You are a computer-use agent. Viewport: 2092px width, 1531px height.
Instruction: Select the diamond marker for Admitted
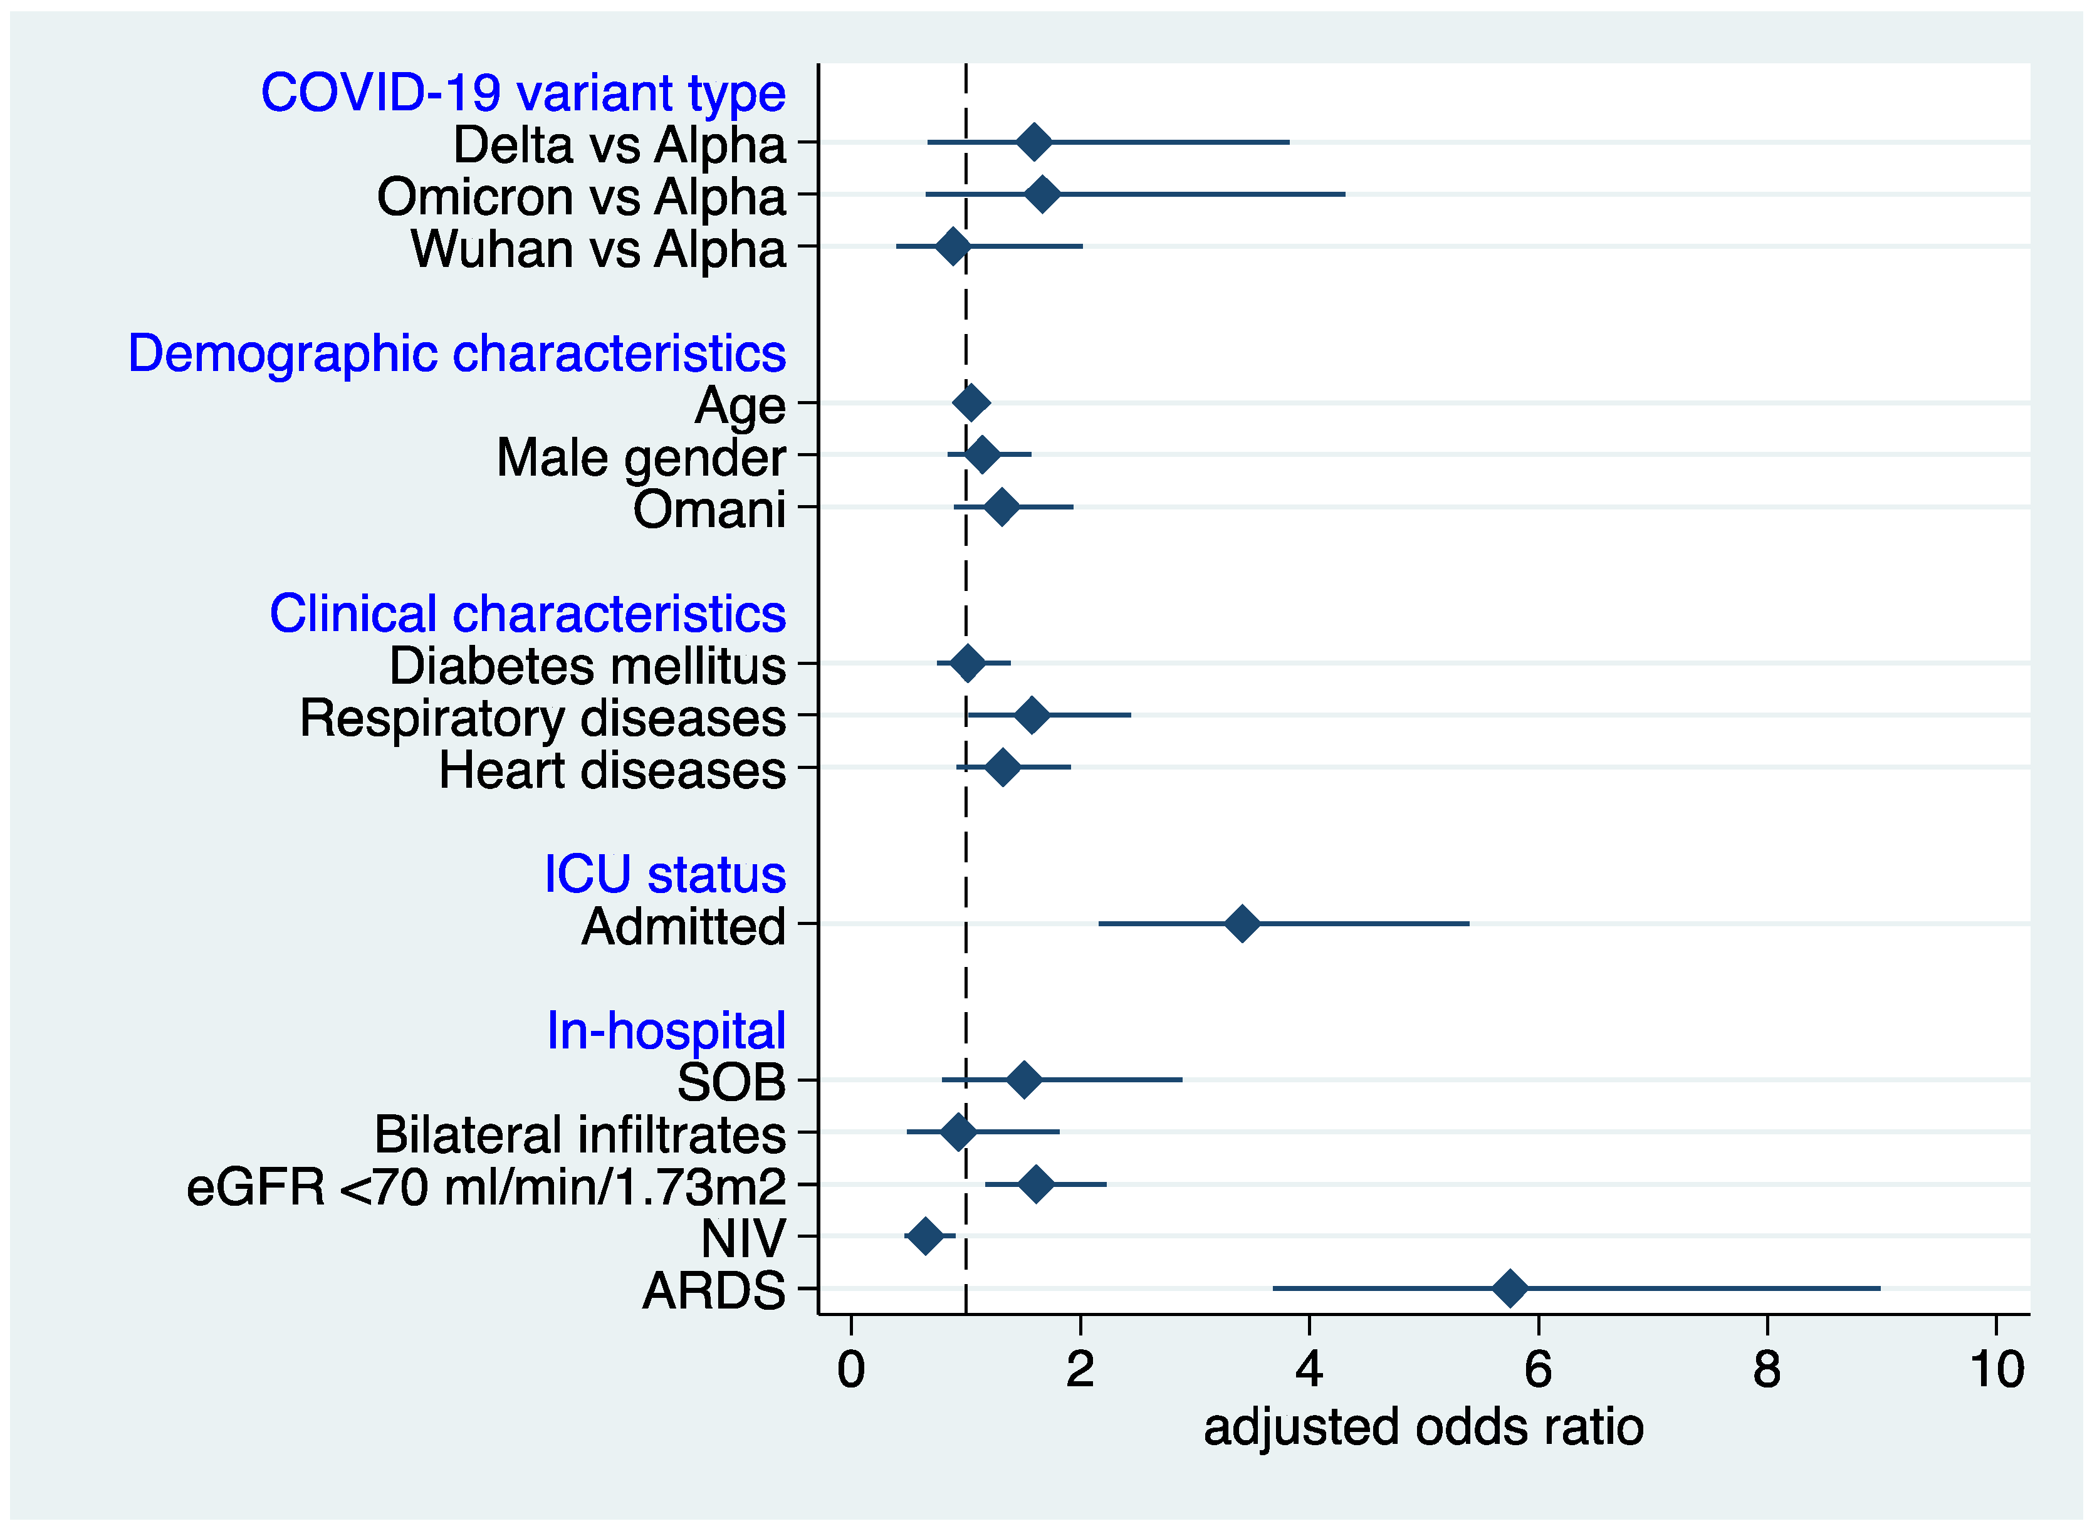click(x=1242, y=924)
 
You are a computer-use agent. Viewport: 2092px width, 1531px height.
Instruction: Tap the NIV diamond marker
click(x=925, y=1236)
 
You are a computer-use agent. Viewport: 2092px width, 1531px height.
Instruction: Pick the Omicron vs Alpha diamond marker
click(x=1043, y=195)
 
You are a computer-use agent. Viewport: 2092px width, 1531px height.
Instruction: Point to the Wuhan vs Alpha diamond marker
click(x=953, y=246)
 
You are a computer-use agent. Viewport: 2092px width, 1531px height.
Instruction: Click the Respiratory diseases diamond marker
click(x=1032, y=716)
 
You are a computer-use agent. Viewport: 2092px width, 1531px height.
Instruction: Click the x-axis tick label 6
click(x=1538, y=1370)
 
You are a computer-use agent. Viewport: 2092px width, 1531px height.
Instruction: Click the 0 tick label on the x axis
click(x=851, y=1370)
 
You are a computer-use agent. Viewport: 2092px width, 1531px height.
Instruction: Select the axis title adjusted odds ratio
click(x=1424, y=1427)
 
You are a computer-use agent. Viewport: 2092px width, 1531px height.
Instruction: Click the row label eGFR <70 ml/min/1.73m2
click(x=486, y=1187)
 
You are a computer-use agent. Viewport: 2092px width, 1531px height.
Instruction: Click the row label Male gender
click(x=641, y=458)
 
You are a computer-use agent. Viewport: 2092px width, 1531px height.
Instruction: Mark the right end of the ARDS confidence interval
click(x=1879, y=1288)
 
